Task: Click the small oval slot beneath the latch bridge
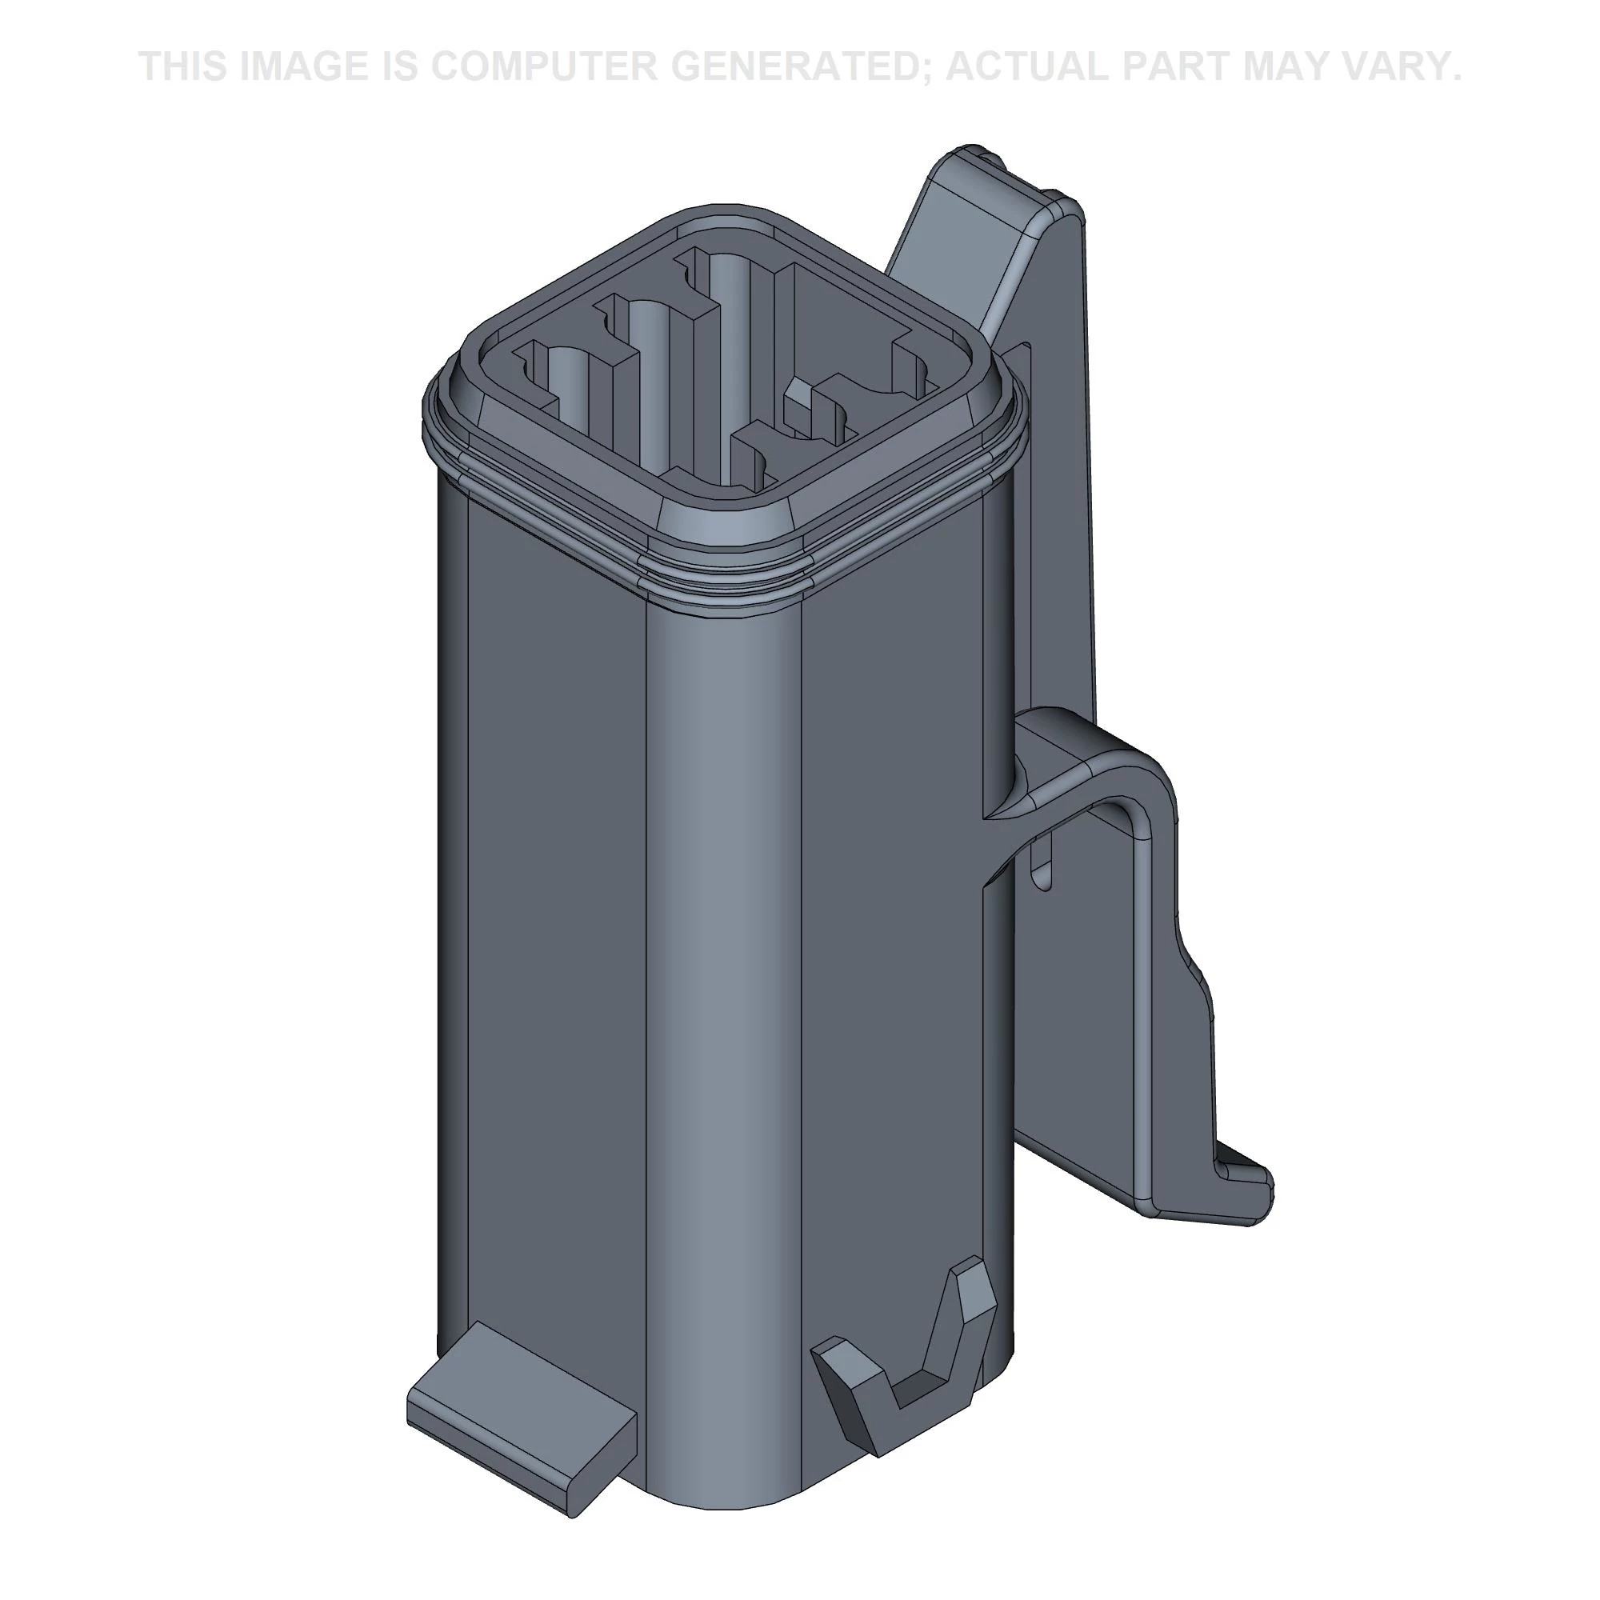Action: click(x=1042, y=866)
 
